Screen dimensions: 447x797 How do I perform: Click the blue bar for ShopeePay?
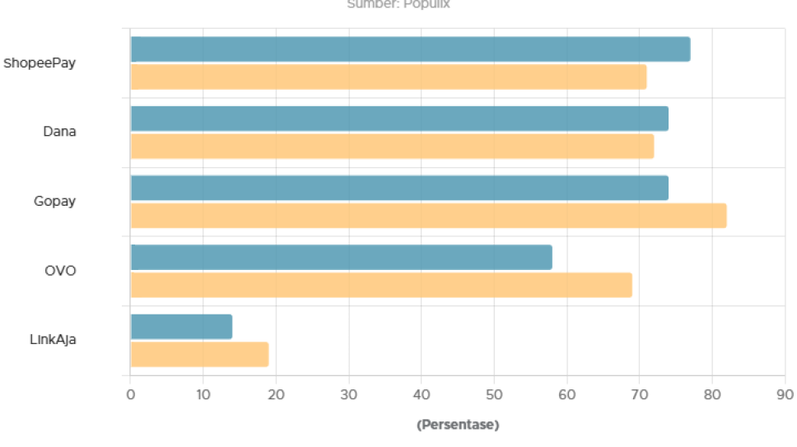click(410, 49)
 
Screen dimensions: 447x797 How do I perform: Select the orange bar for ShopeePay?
click(389, 77)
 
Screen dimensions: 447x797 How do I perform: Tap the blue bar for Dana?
click(399, 119)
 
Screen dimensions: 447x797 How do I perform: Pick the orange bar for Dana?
click(392, 146)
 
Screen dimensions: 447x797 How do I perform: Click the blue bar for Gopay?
click(399, 188)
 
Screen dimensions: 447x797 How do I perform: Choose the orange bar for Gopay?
click(428, 216)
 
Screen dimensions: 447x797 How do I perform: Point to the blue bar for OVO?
click(341, 257)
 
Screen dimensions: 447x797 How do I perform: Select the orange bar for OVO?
click(381, 285)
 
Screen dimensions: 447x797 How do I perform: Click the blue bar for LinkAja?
click(181, 327)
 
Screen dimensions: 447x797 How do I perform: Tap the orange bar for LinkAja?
click(199, 354)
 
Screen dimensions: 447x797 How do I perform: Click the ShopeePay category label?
click(40, 63)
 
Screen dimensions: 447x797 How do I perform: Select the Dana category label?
click(59, 132)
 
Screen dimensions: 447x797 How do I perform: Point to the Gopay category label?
click(54, 201)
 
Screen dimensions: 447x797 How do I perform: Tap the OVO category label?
click(60, 270)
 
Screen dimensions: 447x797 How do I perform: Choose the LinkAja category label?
click(53, 339)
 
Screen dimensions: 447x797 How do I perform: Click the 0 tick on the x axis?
click(130, 395)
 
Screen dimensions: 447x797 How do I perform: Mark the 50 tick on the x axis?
click(494, 395)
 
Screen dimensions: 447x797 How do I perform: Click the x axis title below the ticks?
click(458, 425)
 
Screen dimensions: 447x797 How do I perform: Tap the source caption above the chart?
click(399, 4)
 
